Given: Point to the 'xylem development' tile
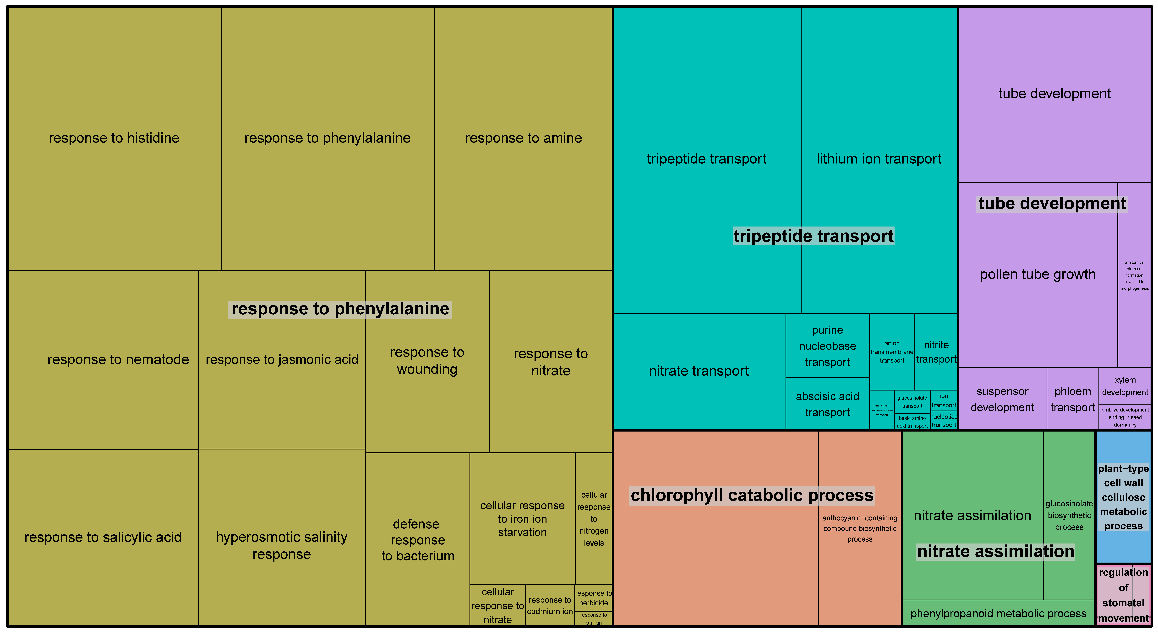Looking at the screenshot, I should coord(1125,386).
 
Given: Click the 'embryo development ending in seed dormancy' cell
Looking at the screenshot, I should coord(1125,417).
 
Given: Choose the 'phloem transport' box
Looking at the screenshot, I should coord(1073,399).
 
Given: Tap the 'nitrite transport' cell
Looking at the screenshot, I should coord(936,352).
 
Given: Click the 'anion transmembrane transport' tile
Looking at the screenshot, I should coord(892,352).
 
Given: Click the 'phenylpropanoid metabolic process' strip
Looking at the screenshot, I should coord(998,613).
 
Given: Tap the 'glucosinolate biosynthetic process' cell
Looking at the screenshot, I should coord(1069,515).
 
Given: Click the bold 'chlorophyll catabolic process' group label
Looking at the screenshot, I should coord(752,495).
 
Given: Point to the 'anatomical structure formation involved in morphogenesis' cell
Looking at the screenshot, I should coord(1134,275).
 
